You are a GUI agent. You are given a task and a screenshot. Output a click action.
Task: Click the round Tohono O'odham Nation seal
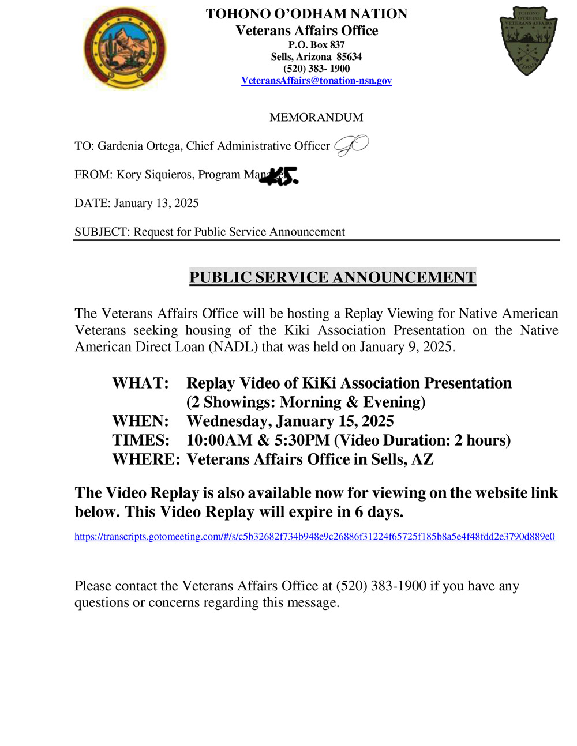pyautogui.click(x=125, y=48)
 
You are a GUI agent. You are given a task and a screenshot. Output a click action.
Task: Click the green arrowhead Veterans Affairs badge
pyautogui.click(x=528, y=41)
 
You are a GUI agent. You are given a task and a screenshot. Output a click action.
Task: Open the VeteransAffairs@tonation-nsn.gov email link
pyautogui.click(x=316, y=81)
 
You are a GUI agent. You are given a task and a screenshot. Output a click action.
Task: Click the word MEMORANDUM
pyautogui.click(x=316, y=118)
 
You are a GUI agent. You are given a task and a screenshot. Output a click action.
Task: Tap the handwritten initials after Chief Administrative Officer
pyautogui.click(x=351, y=146)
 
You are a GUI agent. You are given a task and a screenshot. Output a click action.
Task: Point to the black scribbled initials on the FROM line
pyautogui.click(x=280, y=176)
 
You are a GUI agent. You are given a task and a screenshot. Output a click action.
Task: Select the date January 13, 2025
pyautogui.click(x=156, y=204)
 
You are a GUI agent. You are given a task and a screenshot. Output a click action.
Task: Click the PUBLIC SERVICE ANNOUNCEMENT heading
pyautogui.click(x=332, y=277)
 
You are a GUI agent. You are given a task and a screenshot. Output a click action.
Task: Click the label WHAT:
pyautogui.click(x=140, y=383)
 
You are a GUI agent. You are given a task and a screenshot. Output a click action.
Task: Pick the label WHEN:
pyautogui.click(x=140, y=421)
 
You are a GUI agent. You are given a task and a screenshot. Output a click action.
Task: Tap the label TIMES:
pyautogui.click(x=141, y=440)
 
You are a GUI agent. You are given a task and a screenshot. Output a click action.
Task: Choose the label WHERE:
pyautogui.click(x=146, y=459)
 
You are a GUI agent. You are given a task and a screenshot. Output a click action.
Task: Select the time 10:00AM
pyautogui.click(x=219, y=440)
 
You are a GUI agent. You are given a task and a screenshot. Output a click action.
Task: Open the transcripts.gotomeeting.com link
pyautogui.click(x=314, y=537)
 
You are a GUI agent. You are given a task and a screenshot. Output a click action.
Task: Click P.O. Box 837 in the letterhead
pyautogui.click(x=316, y=45)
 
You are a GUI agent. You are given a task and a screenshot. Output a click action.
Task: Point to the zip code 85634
pyautogui.click(x=349, y=57)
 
